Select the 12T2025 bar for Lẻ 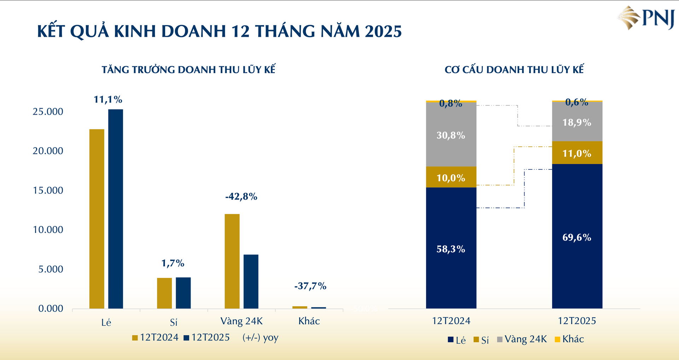coord(116,209)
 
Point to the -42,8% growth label coord(241,197)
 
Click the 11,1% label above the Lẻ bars coord(108,100)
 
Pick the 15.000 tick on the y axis coord(48,191)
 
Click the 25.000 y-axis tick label coord(48,112)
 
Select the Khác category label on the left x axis coord(309,321)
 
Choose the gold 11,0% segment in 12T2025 coord(577,153)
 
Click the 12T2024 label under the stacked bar coord(451,321)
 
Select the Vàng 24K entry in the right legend coord(522,339)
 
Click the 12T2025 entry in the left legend coord(207,338)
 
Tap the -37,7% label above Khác coord(310,286)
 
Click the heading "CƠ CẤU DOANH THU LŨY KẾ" coord(514,70)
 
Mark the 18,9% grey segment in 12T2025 coord(577,122)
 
